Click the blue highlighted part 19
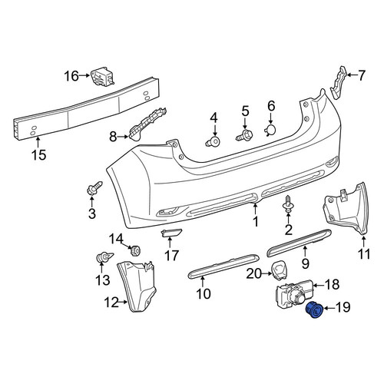click(x=315, y=310)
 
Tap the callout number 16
click(x=71, y=76)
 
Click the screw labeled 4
click(x=214, y=141)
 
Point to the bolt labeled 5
click(x=244, y=135)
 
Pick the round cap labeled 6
click(x=270, y=130)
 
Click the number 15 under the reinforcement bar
click(x=39, y=155)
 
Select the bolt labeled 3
click(x=94, y=187)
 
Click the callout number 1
click(x=256, y=222)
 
